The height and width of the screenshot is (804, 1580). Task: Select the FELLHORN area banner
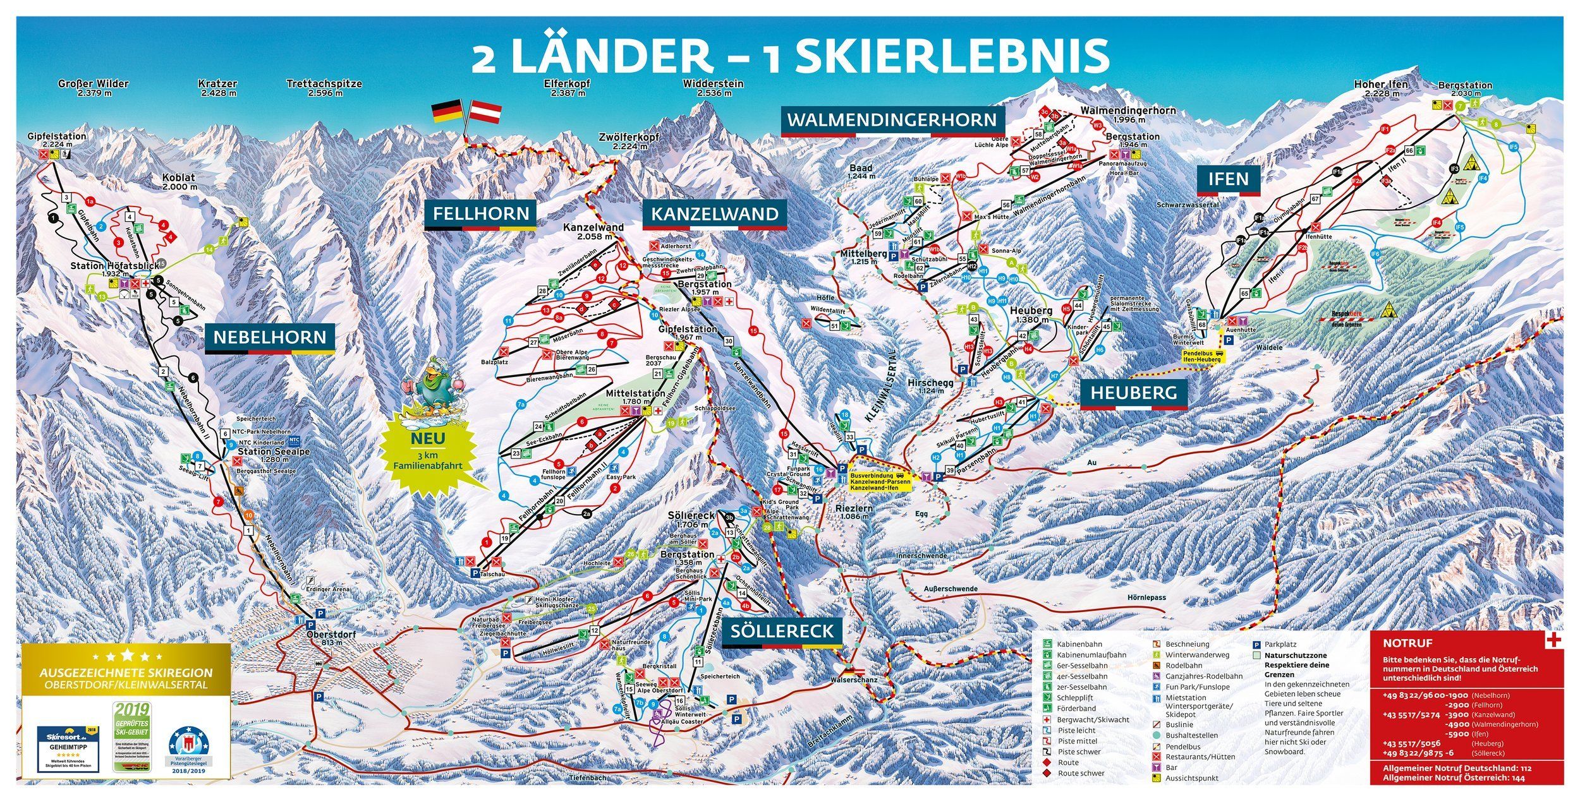click(480, 213)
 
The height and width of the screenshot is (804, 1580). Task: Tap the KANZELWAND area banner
click(714, 214)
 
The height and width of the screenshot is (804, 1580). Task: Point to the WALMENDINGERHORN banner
click(892, 119)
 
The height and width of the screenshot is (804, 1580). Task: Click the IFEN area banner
click(1228, 179)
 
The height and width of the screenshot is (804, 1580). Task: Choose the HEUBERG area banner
click(1134, 393)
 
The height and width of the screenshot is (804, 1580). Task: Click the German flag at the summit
click(446, 112)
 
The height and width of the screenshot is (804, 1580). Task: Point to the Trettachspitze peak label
click(324, 87)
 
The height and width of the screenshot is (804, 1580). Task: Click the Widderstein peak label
click(713, 87)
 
